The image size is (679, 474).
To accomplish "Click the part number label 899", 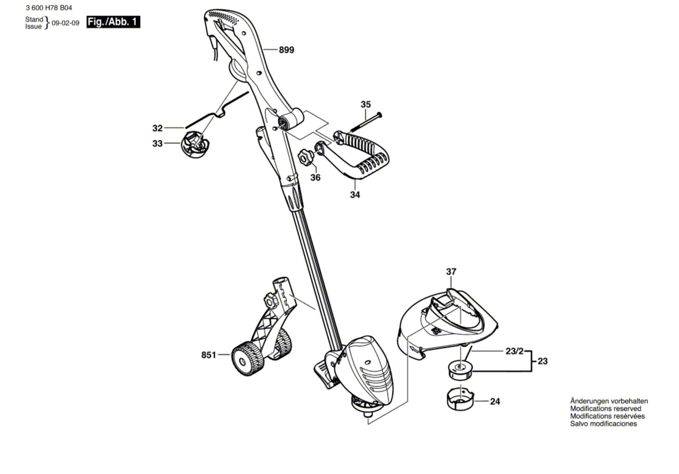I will coord(286,50).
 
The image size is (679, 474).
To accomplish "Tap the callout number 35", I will coord(365,104).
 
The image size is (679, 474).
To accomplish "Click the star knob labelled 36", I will coord(306,158).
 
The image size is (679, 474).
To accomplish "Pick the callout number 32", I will coord(157,128).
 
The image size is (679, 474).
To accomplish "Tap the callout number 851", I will coord(209,355).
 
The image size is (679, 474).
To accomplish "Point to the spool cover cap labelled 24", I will coord(460,399).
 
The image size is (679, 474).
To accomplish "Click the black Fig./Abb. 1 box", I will coord(113,22).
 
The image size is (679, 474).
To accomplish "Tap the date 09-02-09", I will coord(65,23).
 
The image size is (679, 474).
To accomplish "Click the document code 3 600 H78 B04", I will coord(48,7).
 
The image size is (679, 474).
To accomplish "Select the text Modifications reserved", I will coord(606,409).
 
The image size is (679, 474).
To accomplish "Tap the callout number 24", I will coord(495,401).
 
